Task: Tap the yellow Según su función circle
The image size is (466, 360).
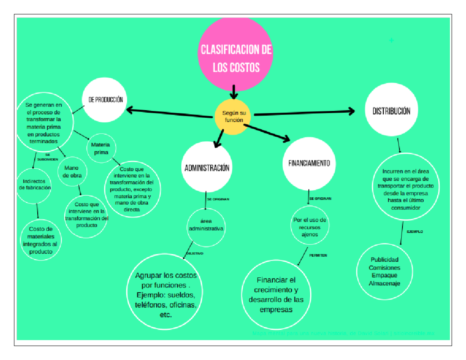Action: (x=233, y=117)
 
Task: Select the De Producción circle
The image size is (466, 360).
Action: (x=105, y=99)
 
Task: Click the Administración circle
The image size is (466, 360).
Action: (x=207, y=167)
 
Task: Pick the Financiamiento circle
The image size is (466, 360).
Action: (x=309, y=163)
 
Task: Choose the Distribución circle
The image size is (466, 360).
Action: (x=391, y=111)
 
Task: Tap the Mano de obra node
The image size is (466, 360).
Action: (x=72, y=171)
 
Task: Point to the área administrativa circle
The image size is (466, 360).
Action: (x=206, y=226)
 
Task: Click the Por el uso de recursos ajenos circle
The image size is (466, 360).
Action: (x=310, y=227)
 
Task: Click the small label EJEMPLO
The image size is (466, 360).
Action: (x=415, y=231)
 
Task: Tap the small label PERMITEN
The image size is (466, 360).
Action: (x=318, y=255)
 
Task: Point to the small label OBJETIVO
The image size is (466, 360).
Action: (x=195, y=253)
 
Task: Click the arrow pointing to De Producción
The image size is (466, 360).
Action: (x=171, y=112)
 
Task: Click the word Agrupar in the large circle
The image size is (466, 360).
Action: (x=148, y=276)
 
